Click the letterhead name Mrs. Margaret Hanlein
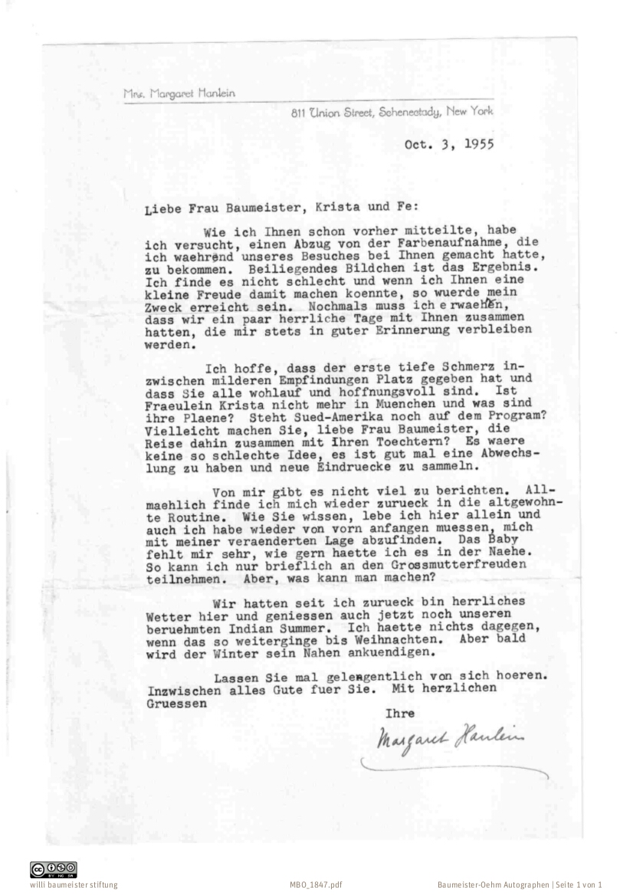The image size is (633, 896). pos(179,94)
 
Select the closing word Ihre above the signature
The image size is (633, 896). pos(399,714)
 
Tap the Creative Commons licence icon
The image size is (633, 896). pos(54,869)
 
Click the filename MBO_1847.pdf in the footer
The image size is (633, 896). pos(316,885)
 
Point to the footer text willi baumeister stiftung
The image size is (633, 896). pos(74,885)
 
